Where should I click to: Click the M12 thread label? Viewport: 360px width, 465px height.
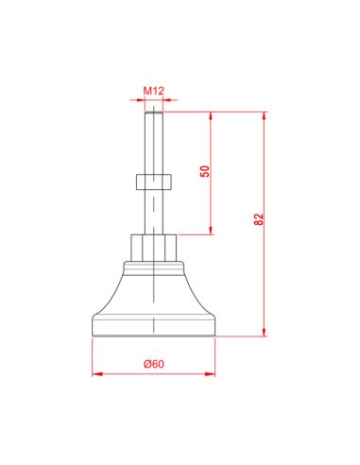tap(154, 92)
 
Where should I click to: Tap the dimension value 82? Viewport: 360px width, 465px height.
tap(258, 219)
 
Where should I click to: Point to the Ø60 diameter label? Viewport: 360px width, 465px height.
tap(153, 364)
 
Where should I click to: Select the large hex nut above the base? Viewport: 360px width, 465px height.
tap(153, 247)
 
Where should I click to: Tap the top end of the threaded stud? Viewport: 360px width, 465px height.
tap(153, 113)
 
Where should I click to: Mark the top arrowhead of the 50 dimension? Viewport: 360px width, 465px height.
tap(211, 116)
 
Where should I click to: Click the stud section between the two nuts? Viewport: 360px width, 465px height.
tap(153, 210)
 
